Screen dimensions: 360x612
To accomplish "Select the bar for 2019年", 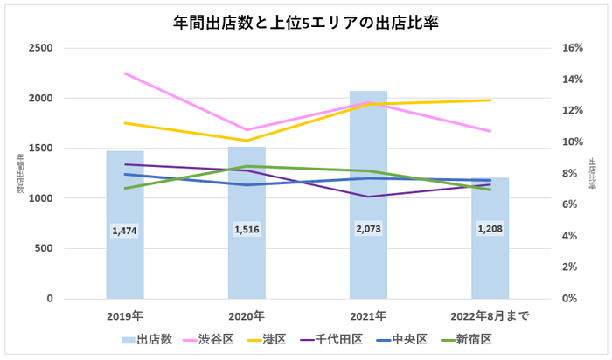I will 125,262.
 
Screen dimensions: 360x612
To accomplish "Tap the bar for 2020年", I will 247,262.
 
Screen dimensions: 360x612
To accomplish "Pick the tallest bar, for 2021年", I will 368,262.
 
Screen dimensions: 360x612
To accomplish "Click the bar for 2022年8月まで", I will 490,262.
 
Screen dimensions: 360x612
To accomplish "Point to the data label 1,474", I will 125,231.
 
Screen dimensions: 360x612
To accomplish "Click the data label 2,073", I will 368,228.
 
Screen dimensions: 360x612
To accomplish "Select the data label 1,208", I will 490,228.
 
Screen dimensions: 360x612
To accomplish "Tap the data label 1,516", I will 247,229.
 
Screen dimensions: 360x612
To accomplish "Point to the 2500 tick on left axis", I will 40,48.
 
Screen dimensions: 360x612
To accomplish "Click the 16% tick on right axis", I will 573,48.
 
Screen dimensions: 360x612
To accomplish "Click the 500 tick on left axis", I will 44,249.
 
